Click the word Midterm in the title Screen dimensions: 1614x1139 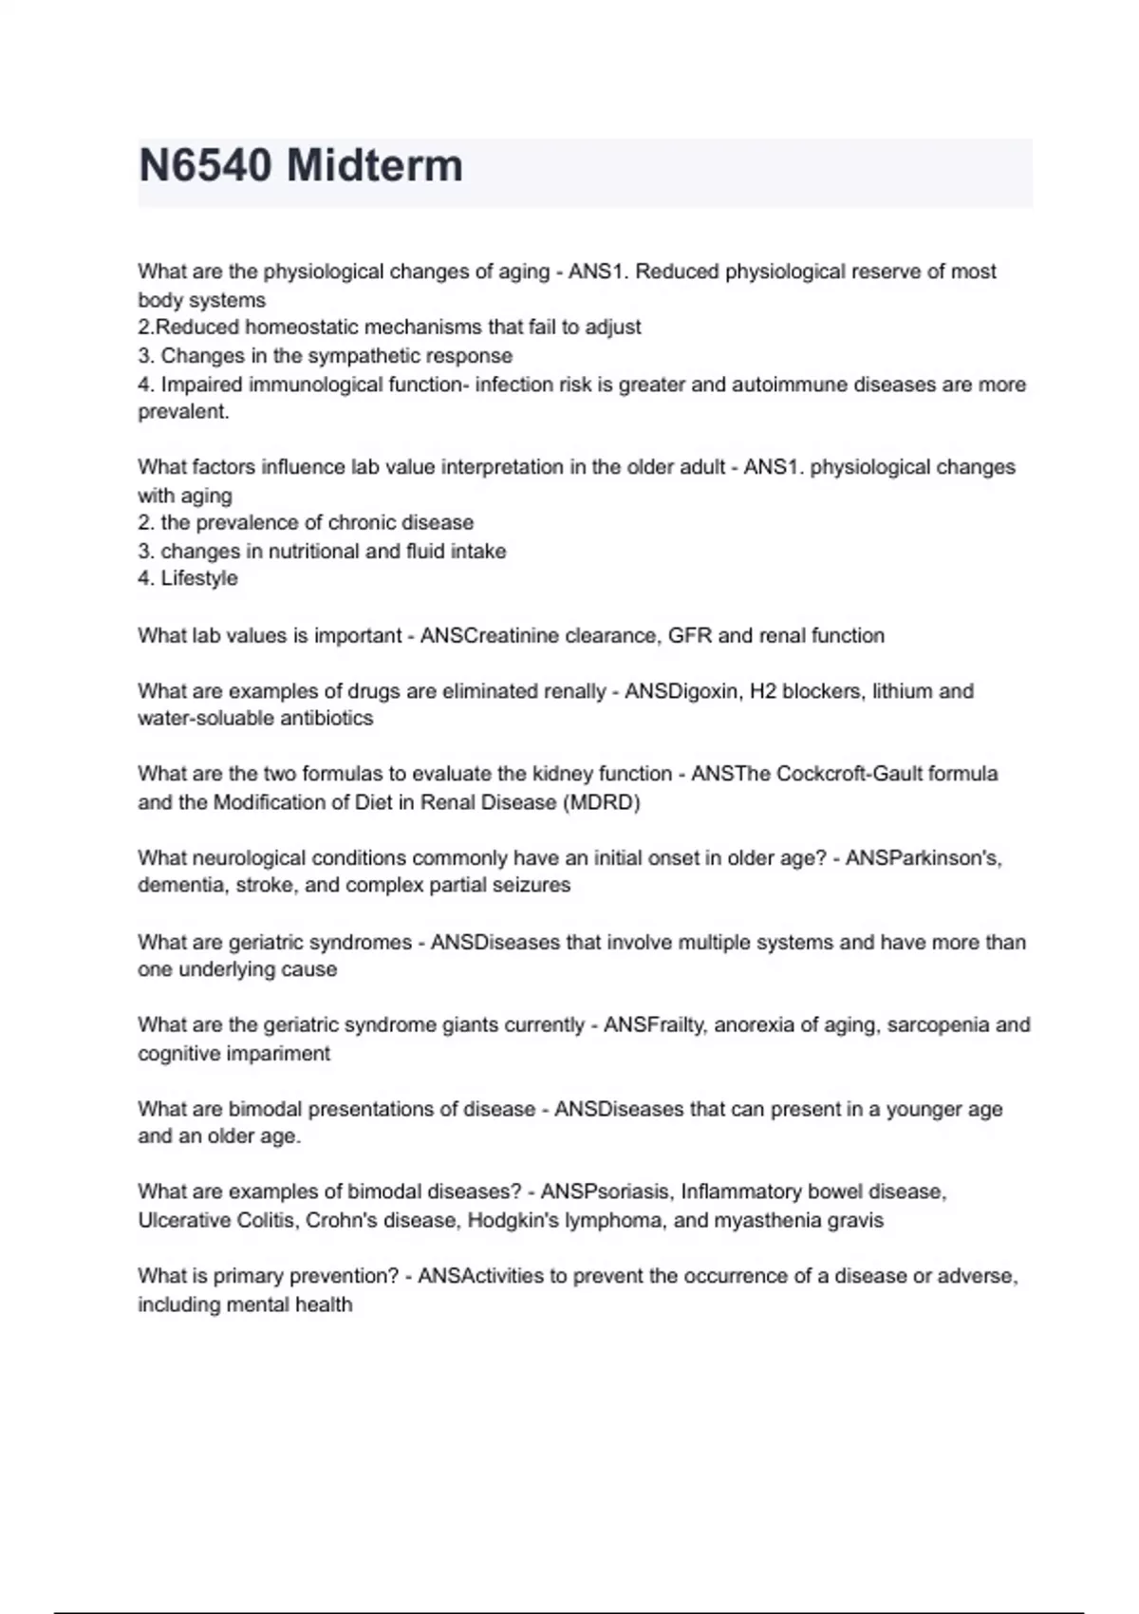point(375,166)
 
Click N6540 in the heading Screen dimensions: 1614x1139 point(205,166)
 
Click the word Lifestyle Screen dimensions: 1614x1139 point(199,578)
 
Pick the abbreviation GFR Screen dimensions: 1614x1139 point(690,635)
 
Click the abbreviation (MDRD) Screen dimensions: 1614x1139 point(602,802)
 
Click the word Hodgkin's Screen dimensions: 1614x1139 point(513,1220)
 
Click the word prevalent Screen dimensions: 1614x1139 point(183,412)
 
